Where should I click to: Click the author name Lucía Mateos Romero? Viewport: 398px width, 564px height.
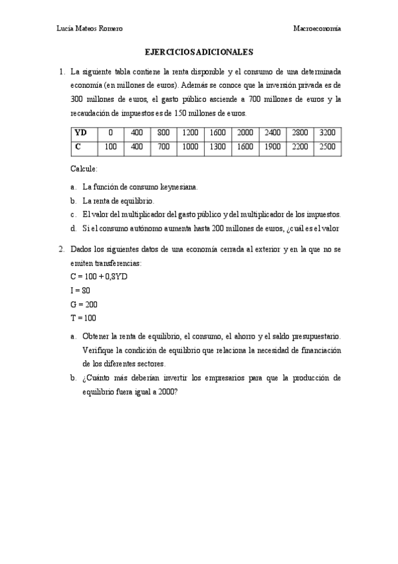point(91,29)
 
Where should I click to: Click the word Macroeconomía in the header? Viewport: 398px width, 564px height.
point(318,29)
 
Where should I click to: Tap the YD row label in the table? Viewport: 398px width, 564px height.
point(82,132)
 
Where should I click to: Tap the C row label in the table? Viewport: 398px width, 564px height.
point(78,146)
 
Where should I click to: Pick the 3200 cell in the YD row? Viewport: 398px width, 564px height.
point(327,132)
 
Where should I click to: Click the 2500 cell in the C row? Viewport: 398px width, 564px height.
point(327,146)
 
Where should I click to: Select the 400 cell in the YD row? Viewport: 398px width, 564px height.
point(137,132)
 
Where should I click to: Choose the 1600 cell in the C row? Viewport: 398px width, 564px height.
point(245,146)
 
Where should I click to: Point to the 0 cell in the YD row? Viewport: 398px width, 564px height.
point(110,132)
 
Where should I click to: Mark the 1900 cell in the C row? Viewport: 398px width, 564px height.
point(272,146)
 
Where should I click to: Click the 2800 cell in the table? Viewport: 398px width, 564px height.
point(300,132)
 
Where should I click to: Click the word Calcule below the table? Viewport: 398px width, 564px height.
point(84,169)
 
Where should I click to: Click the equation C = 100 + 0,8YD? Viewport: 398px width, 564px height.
point(98,276)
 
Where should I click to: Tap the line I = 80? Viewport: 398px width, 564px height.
point(80,290)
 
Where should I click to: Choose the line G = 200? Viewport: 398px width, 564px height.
point(84,304)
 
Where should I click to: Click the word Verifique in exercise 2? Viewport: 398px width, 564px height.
point(99,350)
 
